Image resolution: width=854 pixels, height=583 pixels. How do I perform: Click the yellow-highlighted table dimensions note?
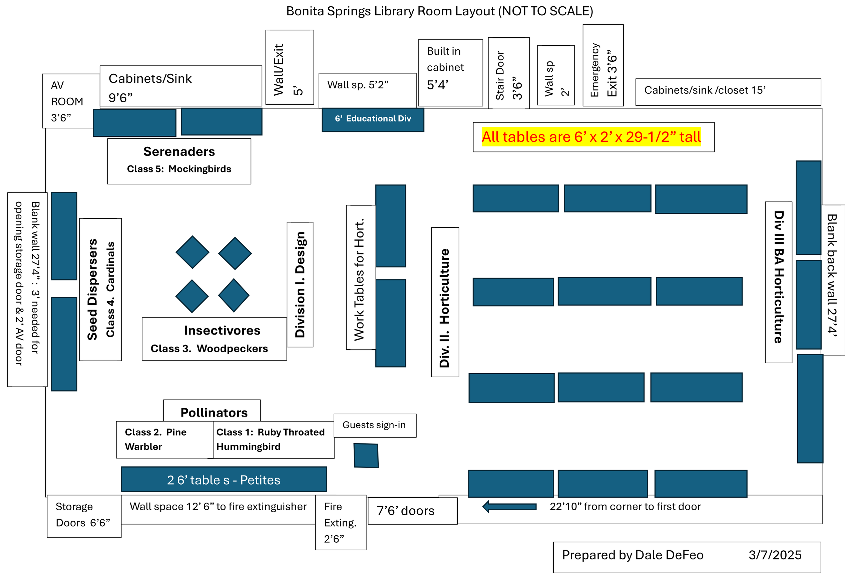591,137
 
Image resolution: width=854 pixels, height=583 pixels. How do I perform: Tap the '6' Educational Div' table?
373,119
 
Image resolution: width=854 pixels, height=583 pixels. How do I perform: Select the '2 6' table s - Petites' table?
224,479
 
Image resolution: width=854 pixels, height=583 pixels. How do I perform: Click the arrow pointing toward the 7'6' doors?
509,507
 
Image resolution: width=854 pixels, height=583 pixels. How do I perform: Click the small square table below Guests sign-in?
366,456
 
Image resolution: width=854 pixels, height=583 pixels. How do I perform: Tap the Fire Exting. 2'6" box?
341,522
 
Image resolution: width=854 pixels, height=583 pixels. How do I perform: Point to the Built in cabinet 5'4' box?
450,73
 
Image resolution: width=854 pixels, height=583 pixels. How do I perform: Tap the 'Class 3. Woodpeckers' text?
209,348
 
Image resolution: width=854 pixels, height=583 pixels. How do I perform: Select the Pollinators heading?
214,413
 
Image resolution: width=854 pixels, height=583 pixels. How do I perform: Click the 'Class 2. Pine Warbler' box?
164,440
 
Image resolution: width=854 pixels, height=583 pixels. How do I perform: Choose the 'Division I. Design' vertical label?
300,285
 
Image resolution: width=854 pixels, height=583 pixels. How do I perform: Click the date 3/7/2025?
775,555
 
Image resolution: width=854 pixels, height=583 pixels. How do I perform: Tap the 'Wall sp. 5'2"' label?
358,85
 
